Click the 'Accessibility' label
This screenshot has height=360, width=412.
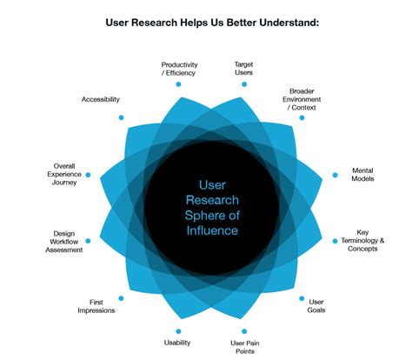101,99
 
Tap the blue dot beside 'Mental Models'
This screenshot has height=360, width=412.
335,175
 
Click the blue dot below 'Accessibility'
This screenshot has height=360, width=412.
122,117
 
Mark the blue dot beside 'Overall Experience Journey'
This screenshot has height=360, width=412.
88,175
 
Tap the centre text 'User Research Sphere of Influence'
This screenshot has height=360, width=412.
206,207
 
